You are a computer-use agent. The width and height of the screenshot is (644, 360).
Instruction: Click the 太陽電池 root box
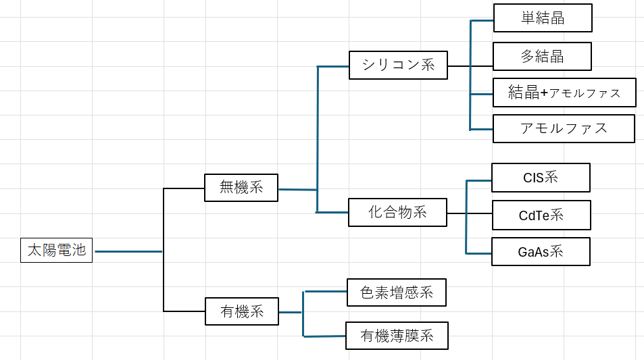56,250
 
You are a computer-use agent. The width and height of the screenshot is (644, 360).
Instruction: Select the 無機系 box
241,187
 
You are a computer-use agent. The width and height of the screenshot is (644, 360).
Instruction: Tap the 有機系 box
241,311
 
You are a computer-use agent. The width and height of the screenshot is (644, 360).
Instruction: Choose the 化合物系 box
397,212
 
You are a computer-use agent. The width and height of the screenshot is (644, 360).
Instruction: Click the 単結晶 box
543,18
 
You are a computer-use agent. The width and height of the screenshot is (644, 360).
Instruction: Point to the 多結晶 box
542,56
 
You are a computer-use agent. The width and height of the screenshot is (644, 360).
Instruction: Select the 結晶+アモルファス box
564,93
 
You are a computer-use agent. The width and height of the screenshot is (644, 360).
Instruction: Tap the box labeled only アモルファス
564,128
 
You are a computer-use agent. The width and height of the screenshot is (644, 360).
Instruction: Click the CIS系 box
541,178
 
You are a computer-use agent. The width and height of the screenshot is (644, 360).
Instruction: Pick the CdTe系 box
541,215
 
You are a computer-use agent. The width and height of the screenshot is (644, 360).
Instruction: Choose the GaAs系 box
541,252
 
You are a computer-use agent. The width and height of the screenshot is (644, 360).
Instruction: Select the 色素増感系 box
397,292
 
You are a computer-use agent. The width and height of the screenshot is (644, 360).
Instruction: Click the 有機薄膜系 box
397,335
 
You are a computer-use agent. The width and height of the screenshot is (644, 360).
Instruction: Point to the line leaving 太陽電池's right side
128,251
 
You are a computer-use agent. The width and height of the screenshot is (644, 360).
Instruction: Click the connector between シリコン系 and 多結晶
470,66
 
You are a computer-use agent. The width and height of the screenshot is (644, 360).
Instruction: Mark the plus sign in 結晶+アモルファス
545,93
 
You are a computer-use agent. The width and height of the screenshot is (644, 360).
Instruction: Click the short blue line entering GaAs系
478,253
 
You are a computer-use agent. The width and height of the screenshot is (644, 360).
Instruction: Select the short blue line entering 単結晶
481,20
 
